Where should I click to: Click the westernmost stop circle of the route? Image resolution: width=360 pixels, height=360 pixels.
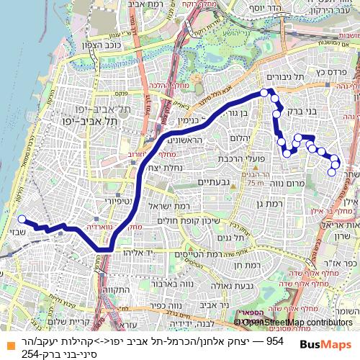[x=21, y=220]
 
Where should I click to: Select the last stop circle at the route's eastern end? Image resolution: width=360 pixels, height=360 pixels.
[x=332, y=171]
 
